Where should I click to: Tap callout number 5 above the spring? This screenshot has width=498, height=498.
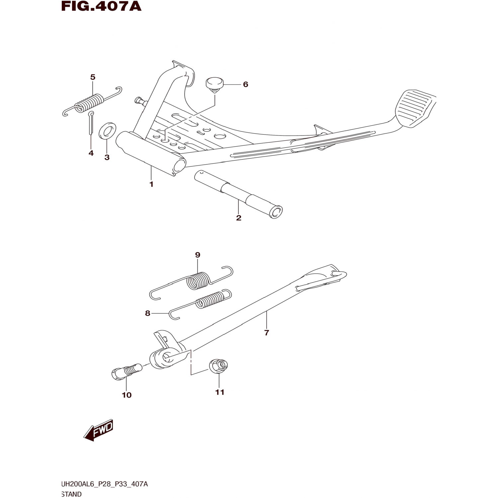pos(93,77)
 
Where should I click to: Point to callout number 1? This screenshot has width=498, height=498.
pos(151,184)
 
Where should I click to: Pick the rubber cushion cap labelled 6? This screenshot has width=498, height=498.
pos(214,84)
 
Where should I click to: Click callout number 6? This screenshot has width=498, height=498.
pos(246,84)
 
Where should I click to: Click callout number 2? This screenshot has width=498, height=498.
pos(239,218)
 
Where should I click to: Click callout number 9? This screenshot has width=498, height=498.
pos(198,255)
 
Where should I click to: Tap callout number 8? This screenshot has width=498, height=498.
pos(148,313)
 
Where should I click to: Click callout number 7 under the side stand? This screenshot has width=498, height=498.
pos(267,333)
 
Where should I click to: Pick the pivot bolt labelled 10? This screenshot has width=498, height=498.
pos(126,371)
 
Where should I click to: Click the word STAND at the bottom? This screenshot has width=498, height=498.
pos(72,494)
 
